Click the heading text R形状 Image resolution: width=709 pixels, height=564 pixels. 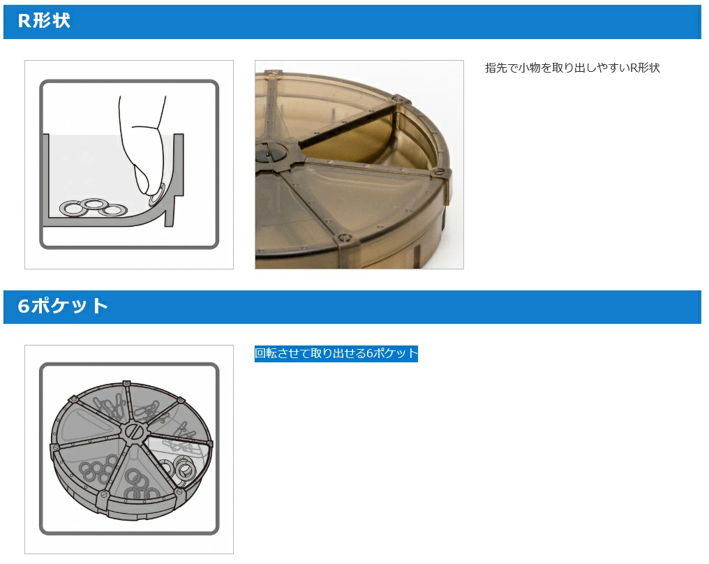[x=44, y=21]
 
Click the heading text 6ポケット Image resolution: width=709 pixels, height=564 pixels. [x=63, y=306]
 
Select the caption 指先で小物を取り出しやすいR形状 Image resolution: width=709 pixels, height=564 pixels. [x=572, y=68]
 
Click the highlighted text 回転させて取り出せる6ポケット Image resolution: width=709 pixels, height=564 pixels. [x=336, y=353]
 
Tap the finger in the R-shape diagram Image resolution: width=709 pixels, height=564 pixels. [x=144, y=144]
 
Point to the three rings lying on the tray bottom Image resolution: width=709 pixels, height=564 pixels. [x=93, y=208]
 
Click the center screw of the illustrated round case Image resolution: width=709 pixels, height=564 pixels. [x=134, y=431]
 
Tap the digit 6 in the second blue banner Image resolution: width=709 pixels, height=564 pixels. [x=24, y=306]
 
